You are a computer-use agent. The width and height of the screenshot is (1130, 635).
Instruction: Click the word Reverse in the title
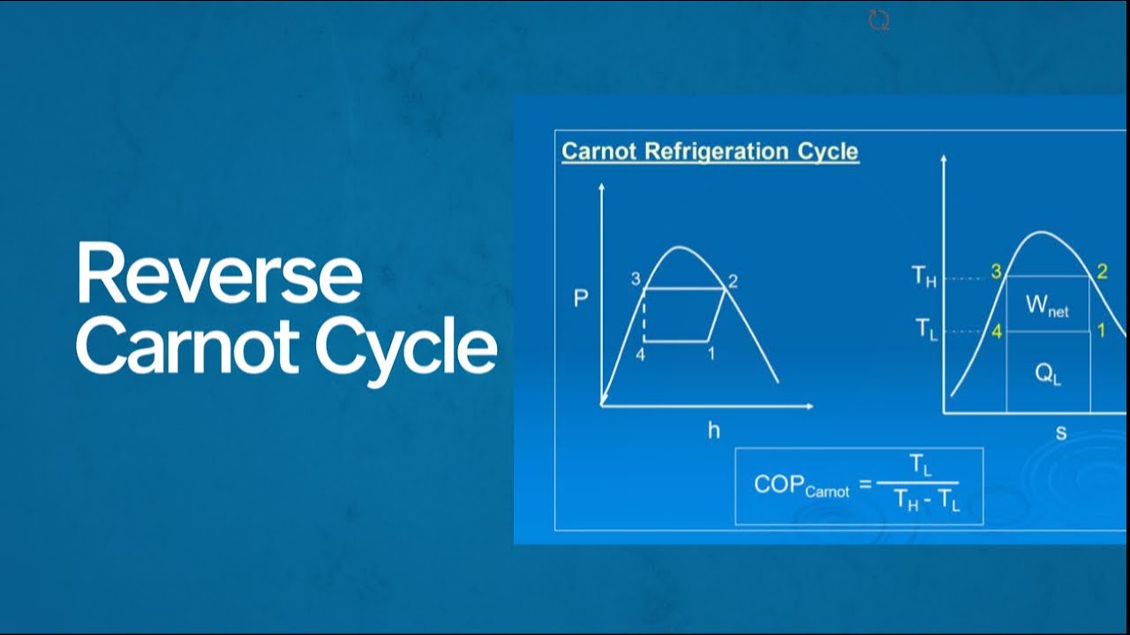click(x=219, y=274)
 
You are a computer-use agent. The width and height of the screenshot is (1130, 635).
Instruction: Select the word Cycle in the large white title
click(x=406, y=347)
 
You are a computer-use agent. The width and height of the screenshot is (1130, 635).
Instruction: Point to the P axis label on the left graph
click(x=580, y=299)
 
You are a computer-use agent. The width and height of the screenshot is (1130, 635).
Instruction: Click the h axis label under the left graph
click(x=713, y=430)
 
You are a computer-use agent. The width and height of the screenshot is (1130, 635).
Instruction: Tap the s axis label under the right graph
click(x=1060, y=432)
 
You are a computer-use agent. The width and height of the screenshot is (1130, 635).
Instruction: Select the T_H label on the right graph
click(x=924, y=277)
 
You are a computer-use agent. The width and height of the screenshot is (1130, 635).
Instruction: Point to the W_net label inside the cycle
click(x=1047, y=306)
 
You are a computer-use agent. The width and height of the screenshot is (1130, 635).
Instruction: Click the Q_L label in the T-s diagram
click(x=1048, y=374)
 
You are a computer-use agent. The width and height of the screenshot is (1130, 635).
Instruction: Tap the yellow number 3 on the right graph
click(x=996, y=272)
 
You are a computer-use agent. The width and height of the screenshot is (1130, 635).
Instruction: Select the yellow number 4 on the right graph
click(x=997, y=332)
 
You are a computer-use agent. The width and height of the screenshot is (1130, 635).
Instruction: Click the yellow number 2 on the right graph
click(x=1102, y=272)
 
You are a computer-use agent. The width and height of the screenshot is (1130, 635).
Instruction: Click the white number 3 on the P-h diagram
click(x=635, y=280)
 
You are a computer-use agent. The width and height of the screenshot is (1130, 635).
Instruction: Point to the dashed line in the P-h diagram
click(x=644, y=315)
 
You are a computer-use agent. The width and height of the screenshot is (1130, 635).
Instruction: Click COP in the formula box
click(x=778, y=484)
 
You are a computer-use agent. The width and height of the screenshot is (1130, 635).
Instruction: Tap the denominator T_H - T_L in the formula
click(x=926, y=502)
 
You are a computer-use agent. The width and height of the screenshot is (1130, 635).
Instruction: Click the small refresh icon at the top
click(x=878, y=20)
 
